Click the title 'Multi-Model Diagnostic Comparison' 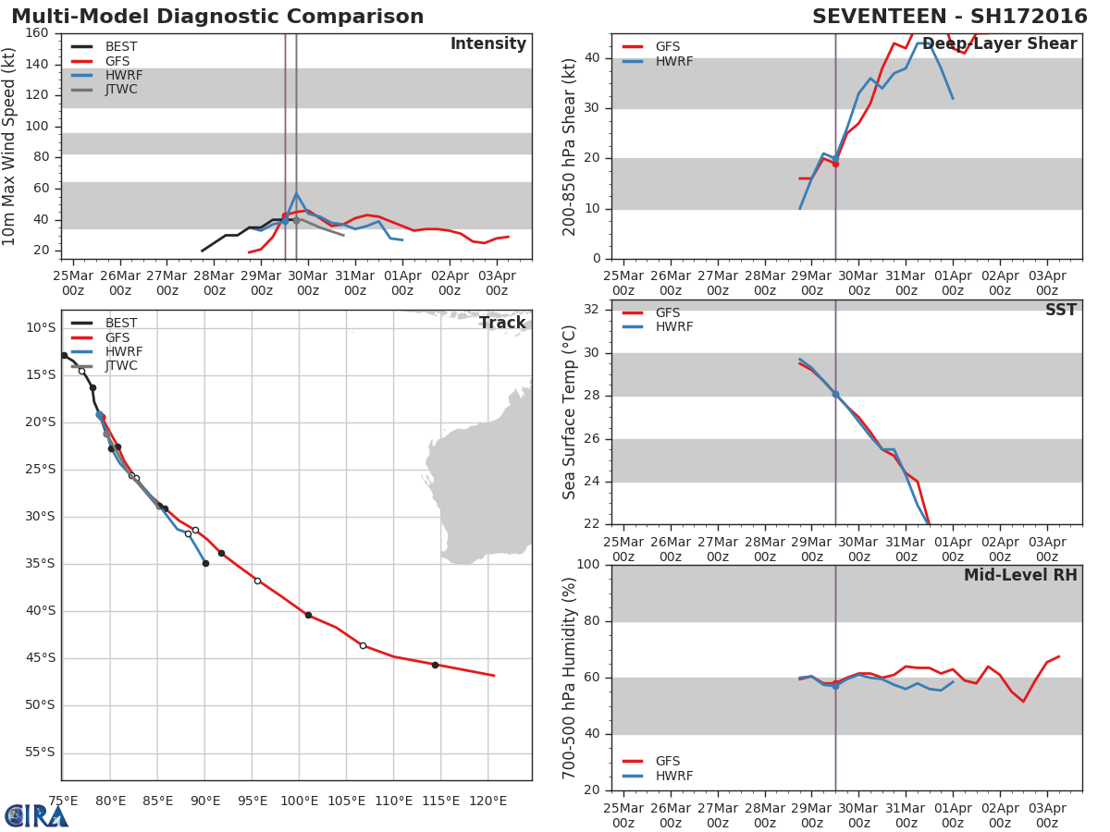217,17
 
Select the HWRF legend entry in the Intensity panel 123,76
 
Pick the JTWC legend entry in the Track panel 121,366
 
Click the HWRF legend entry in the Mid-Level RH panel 673,776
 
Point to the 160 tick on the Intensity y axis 37,33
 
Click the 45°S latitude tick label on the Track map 39,658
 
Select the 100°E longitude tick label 299,801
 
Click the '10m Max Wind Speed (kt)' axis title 10,146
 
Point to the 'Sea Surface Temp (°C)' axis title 570,412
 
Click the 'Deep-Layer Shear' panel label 999,44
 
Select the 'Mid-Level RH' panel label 1020,575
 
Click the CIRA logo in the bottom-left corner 35,815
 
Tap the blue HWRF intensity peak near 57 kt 296,193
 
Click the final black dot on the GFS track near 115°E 435,665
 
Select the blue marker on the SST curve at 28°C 835,394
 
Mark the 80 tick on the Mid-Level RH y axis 595,621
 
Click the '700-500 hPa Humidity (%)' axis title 570,678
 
